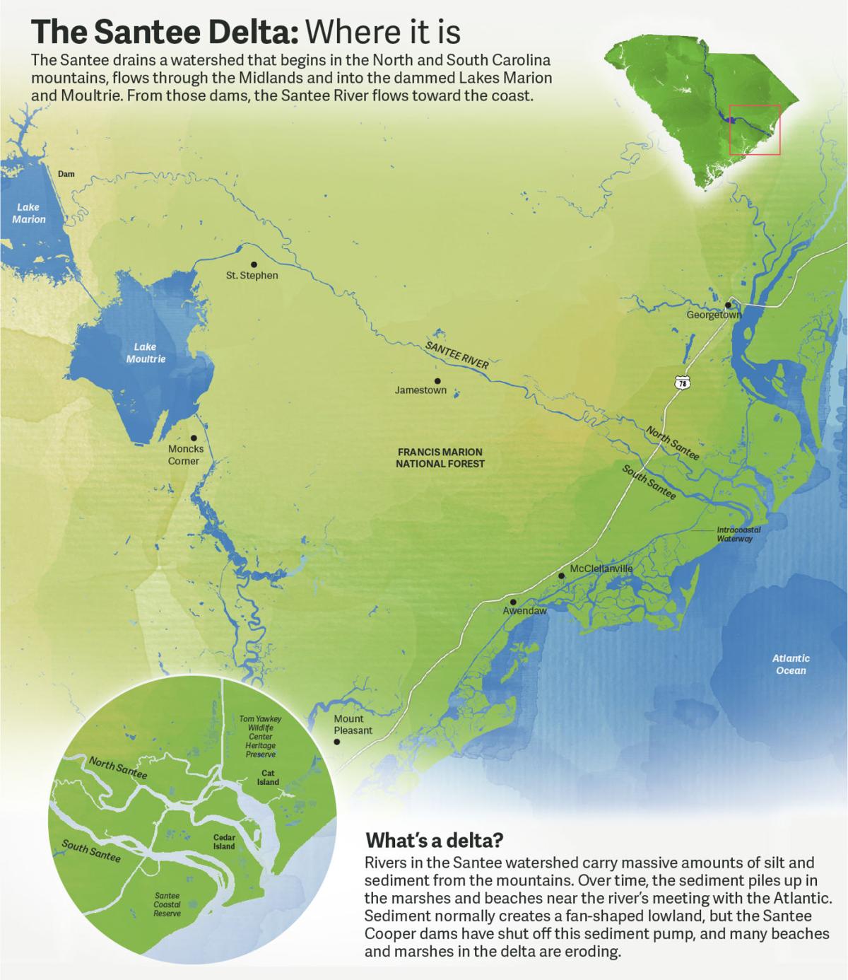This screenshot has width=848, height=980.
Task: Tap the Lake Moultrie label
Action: point(146,353)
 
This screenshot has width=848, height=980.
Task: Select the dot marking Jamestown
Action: point(437,380)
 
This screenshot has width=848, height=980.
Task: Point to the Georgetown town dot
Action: point(727,305)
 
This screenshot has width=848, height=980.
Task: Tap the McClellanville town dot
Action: point(562,576)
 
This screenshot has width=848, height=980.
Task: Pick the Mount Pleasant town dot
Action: point(337,742)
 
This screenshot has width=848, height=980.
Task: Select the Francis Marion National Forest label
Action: point(440,457)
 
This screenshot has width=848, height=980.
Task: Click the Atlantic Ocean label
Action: point(791,664)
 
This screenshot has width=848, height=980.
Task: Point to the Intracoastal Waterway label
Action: point(734,534)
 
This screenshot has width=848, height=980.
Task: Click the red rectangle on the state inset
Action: point(754,129)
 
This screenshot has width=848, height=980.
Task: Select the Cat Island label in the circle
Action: point(268,778)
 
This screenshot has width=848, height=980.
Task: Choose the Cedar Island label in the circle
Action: point(224,841)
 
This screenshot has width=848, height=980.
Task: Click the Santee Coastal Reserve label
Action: point(167,904)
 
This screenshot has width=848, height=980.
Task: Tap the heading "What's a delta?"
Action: point(434,841)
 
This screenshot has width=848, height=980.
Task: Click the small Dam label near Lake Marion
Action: point(66,174)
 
